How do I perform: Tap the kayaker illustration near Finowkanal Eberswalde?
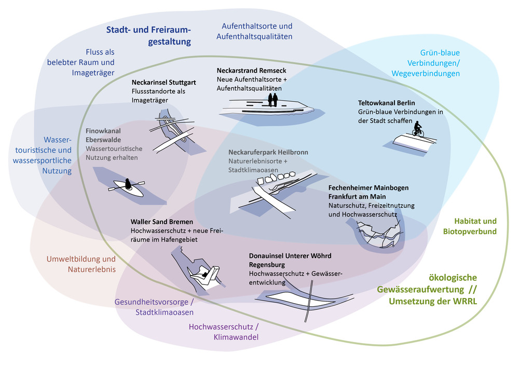(128, 186)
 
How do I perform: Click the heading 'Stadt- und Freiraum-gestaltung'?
(149, 35)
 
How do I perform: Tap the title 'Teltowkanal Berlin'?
(386, 103)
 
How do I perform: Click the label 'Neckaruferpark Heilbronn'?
(268, 153)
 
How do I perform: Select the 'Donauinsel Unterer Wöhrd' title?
(290, 256)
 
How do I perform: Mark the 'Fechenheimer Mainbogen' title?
(368, 187)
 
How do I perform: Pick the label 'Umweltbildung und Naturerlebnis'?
(80, 264)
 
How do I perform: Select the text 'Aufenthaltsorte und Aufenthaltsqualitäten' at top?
(257, 31)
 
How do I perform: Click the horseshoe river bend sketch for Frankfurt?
(375, 234)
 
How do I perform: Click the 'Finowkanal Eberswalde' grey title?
(103, 135)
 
